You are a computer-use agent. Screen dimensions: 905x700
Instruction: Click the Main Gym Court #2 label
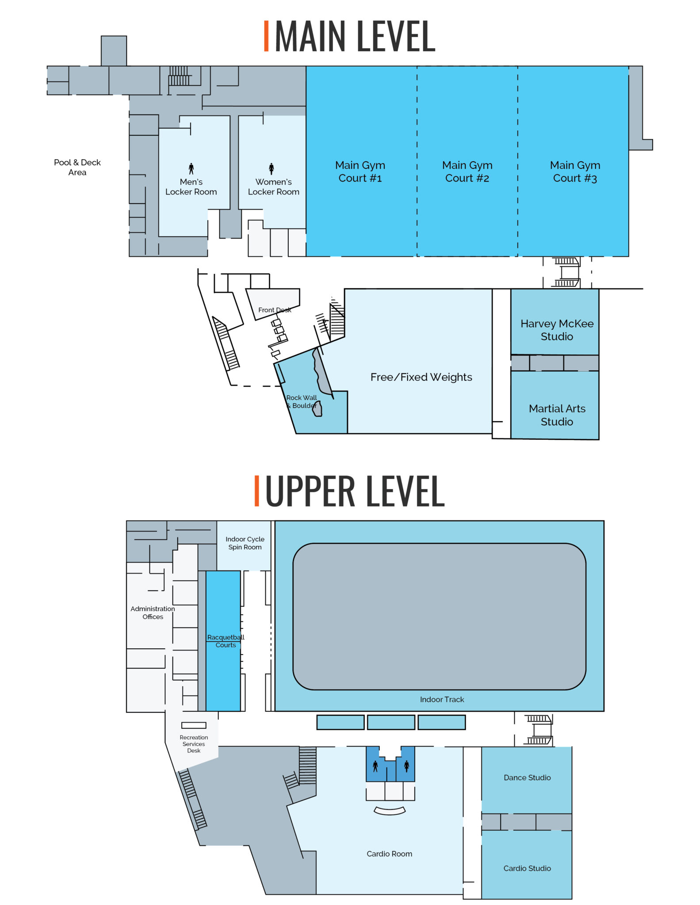[x=467, y=171]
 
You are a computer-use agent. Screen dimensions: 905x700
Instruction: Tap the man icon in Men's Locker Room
[x=191, y=168]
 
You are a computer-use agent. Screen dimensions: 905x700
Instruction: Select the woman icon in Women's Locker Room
[x=271, y=168]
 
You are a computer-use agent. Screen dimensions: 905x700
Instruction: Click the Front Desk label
[x=275, y=310]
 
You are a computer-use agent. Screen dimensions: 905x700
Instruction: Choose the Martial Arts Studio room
[x=556, y=414]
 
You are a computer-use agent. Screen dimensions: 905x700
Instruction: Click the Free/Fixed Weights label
[x=421, y=377]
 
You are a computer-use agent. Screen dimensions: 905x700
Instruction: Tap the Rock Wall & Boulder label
[x=302, y=402]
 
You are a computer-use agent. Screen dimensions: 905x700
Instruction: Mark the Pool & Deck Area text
[x=77, y=167]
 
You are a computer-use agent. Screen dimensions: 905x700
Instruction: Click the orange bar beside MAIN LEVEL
[x=266, y=36]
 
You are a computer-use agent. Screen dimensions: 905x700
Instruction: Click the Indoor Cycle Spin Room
[x=245, y=543]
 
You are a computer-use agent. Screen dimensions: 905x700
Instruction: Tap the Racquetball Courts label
[x=226, y=641]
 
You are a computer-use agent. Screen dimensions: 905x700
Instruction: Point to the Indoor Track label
[x=442, y=700]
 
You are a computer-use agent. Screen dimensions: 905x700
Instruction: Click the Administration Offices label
[x=153, y=612]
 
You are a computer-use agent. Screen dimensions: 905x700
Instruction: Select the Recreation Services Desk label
[x=194, y=744]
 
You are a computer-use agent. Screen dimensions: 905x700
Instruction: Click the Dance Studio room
[x=527, y=778]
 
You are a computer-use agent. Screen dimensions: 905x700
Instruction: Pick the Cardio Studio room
[x=527, y=868]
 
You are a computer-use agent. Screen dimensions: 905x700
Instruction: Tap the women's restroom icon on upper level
[x=406, y=765]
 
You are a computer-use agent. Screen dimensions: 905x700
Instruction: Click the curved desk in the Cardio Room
[x=390, y=811]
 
